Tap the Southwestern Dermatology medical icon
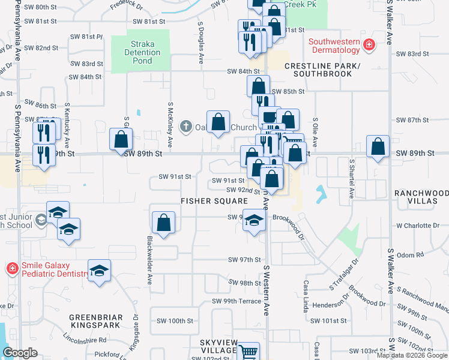click(369, 44)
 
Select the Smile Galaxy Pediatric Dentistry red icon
click(11, 268)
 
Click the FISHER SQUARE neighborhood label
click(215, 200)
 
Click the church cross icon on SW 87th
click(186, 125)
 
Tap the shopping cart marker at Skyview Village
click(249, 352)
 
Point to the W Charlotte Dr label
click(418, 226)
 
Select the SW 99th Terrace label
click(236, 301)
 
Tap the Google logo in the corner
click(20, 353)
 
